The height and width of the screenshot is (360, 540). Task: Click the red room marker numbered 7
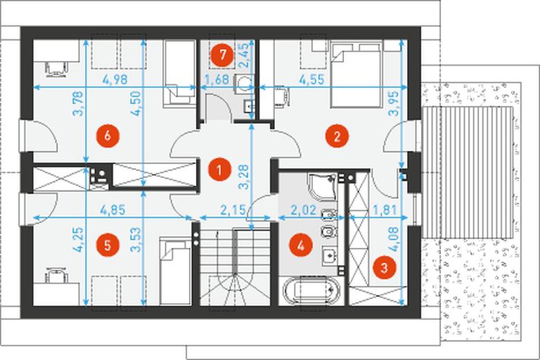pos(222,55)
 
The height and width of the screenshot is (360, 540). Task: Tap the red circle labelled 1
pos(219,169)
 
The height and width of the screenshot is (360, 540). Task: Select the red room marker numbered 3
pos(384,267)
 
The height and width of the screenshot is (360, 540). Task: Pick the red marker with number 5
pos(107,245)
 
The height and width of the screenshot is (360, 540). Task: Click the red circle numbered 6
pos(107,136)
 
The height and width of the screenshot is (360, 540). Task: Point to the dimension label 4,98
pos(115,80)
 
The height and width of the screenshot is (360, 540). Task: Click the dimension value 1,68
pos(217,80)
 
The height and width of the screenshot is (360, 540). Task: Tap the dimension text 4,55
pos(312,80)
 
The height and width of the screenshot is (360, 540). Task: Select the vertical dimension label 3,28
pos(244,177)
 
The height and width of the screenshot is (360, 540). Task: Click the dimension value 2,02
pos(304,210)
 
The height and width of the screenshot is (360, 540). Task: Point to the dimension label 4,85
pos(112,210)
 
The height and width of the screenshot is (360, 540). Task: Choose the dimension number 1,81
pos(385,210)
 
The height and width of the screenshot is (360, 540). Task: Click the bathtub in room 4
pos(311,290)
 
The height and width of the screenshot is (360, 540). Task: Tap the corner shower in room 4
pos(322,187)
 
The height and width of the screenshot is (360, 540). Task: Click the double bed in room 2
pos(357,75)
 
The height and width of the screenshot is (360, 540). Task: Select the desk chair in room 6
pos(55,68)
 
